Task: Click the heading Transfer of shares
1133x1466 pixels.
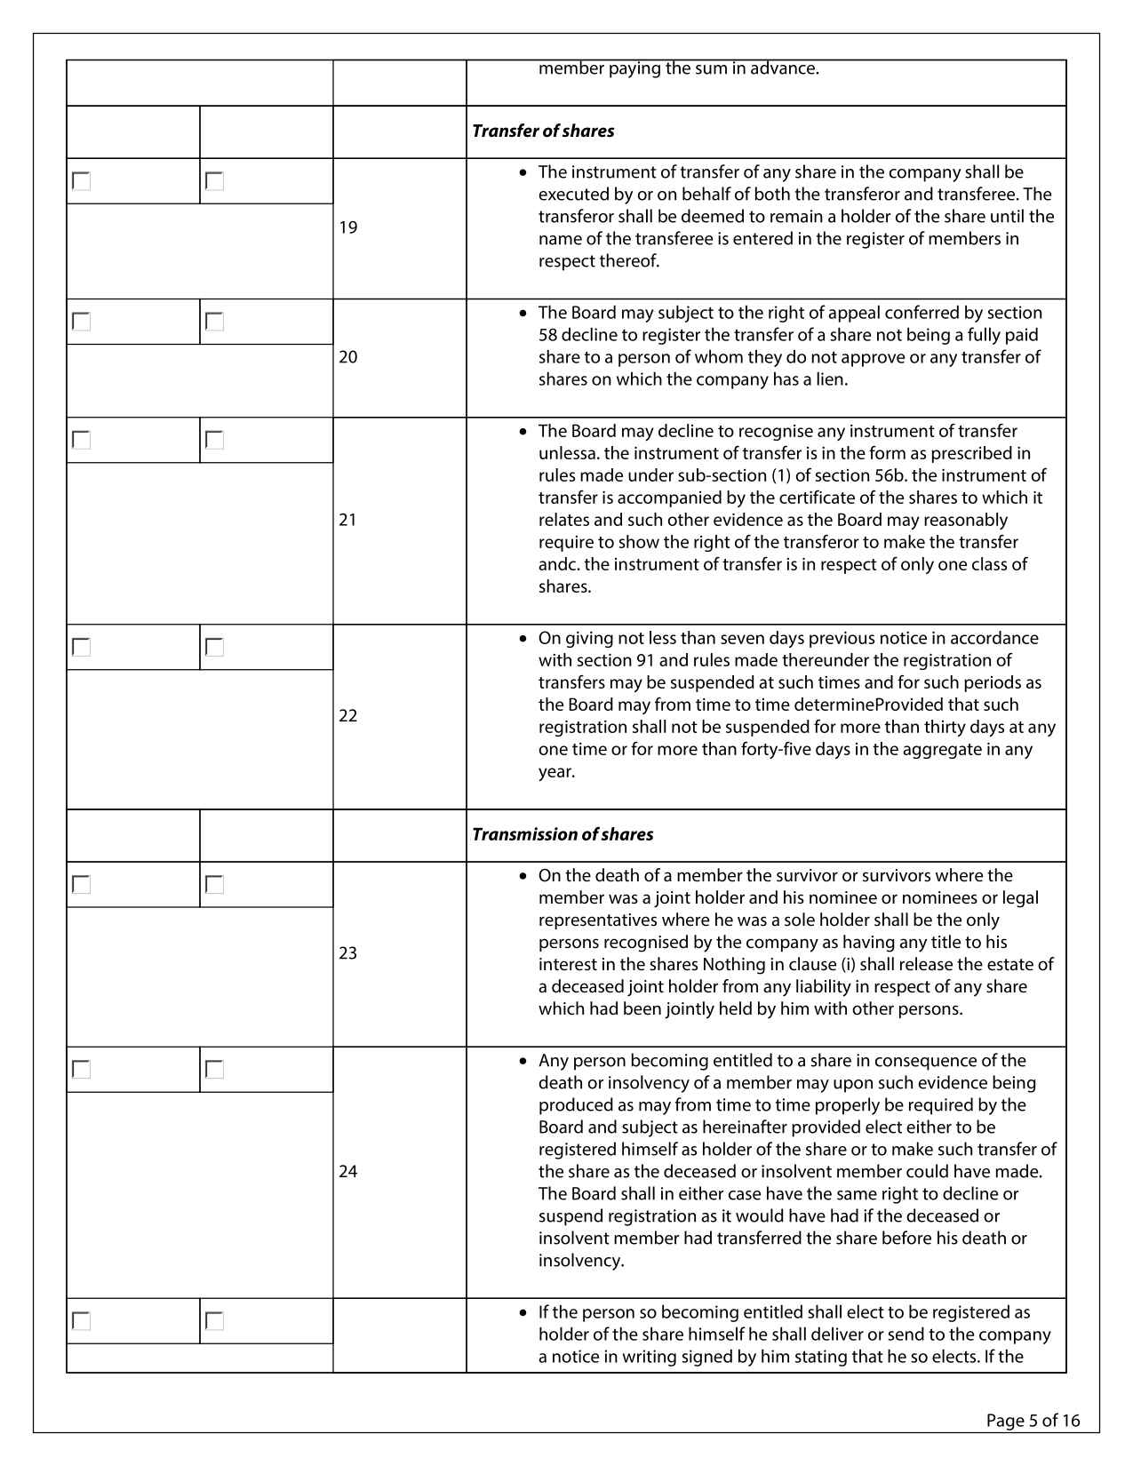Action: tap(543, 131)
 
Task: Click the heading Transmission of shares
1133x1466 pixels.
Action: tap(563, 834)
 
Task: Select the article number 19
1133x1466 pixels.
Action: tap(348, 227)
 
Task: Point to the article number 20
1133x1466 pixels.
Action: tap(348, 357)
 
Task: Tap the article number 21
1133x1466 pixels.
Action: tap(348, 520)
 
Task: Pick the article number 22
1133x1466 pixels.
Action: tap(348, 716)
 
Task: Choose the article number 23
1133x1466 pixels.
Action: tap(348, 953)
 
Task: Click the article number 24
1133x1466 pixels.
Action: tap(348, 1172)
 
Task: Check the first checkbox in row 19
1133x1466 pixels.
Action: tap(82, 181)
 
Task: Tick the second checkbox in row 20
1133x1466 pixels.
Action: tap(214, 322)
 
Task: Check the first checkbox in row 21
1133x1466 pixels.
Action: tap(82, 440)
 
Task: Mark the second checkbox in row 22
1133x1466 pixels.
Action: tap(214, 647)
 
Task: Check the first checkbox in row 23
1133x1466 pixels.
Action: tap(82, 884)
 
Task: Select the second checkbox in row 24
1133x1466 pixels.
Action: tap(214, 1069)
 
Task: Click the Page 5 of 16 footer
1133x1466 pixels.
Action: tap(1033, 1421)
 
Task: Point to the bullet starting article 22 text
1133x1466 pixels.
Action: tap(523, 638)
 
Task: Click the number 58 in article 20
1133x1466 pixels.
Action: tap(548, 335)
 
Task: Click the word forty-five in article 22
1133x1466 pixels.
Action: tap(773, 749)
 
